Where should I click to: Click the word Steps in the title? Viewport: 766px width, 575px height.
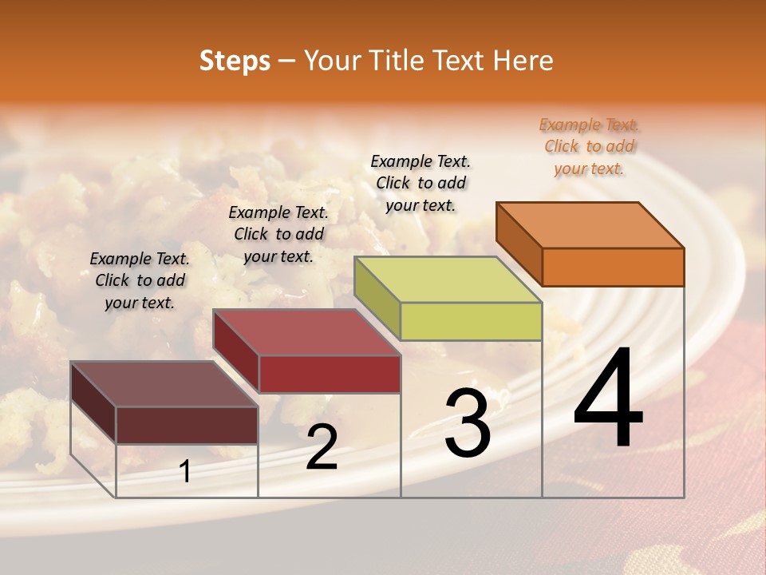235,61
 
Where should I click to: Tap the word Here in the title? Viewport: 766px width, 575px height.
523,61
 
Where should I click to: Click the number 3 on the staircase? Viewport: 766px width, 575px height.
468,423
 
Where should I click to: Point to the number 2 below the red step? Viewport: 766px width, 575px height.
322,447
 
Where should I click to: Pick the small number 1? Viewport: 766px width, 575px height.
185,471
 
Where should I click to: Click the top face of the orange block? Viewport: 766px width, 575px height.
590,224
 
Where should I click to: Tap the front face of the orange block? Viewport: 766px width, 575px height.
613,267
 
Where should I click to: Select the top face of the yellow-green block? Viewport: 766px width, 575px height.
448,279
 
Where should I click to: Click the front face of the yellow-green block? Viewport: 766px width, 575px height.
471,321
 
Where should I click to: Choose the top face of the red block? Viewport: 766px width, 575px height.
306,331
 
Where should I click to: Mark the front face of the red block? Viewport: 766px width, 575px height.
330,374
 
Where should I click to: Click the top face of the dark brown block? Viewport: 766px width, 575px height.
164,383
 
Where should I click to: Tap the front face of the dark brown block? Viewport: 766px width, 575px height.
187,425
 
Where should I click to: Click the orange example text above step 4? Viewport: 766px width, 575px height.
589,146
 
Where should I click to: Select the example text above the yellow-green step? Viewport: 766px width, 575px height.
421,183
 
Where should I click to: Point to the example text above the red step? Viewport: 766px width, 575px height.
278,234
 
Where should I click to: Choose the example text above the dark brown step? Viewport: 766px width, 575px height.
140,280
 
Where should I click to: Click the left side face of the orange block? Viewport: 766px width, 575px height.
519,240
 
